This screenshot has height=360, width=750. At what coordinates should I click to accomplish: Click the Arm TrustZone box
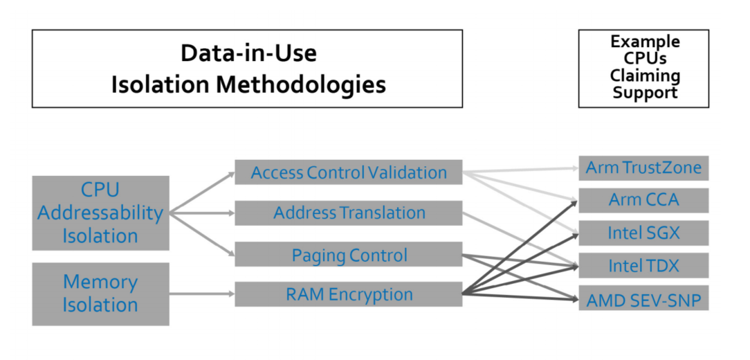pos(643,168)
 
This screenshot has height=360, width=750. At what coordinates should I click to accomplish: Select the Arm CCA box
pos(643,200)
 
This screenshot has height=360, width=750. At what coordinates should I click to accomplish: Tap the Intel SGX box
pos(643,233)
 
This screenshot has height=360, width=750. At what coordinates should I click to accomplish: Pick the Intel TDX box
pos(643,265)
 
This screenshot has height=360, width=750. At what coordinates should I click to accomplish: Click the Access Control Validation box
pos(348,172)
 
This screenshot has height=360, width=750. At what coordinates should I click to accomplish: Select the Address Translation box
pos(348,213)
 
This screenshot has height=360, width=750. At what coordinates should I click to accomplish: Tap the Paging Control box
pos(348,254)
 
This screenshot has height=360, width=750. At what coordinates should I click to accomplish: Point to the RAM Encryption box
pos(348,294)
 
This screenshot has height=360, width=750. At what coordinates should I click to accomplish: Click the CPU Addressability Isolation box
pos(100,213)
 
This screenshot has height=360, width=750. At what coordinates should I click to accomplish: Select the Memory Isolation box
pos(100,294)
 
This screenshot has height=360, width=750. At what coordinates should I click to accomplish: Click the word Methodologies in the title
pos(302,85)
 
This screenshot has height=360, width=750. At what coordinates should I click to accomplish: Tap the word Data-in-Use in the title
pos(248,53)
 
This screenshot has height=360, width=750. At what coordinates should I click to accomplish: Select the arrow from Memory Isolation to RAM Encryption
pos(202,294)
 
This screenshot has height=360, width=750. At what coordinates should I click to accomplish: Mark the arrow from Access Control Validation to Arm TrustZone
pos(520,170)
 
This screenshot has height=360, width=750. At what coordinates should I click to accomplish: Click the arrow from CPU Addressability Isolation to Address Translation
pos(202,213)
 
